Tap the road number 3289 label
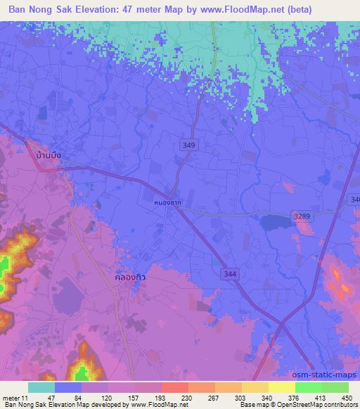[x=301, y=216]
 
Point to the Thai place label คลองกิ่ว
[x=130, y=277]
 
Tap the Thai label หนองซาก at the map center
[x=167, y=199]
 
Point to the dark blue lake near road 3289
[x=275, y=222]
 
